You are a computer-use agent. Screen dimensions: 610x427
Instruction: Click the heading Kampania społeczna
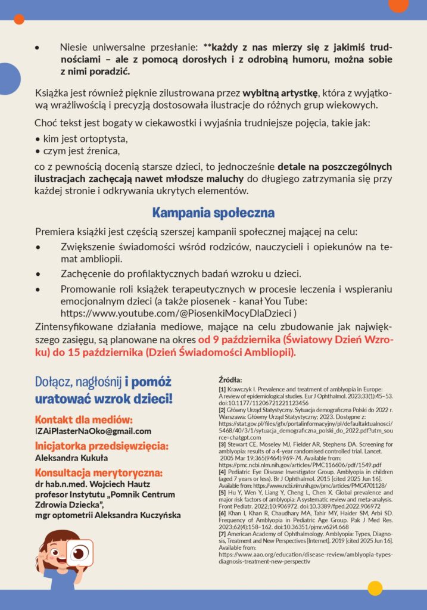pyautogui.click(x=213, y=213)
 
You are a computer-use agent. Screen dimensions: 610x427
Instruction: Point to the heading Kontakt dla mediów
pyautogui.click(x=83, y=419)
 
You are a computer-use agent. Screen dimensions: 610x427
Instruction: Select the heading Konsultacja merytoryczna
pyautogui.click(x=98, y=473)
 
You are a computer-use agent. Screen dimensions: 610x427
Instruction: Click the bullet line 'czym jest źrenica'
pyautogui.click(x=81, y=150)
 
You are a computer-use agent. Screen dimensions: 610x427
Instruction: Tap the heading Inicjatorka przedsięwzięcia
pyautogui.click(x=102, y=446)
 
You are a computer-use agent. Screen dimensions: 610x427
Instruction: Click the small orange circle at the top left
pyautogui.click(x=19, y=19)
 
